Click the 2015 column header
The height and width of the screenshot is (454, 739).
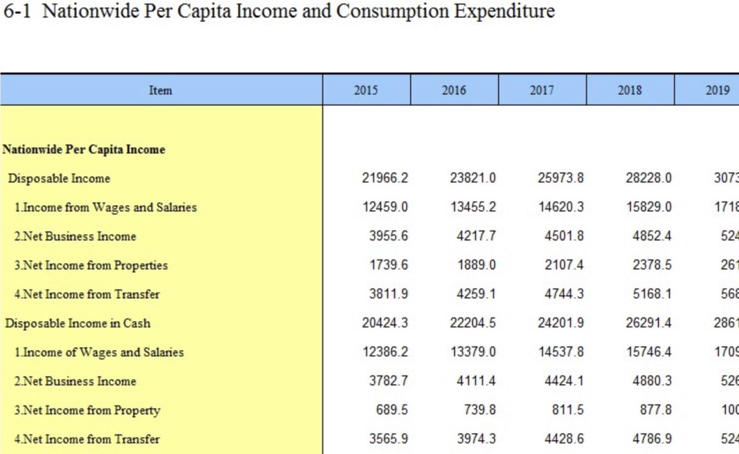(366, 91)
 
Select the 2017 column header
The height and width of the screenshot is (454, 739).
(542, 91)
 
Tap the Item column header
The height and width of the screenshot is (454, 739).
(161, 91)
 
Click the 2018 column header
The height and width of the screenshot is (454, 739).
(630, 91)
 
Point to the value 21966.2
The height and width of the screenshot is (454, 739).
(385, 179)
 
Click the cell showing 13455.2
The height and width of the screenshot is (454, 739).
(473, 208)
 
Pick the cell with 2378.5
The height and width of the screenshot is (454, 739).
(649, 266)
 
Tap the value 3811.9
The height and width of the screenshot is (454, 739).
(388, 294)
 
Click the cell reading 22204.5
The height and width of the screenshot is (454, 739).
(473, 323)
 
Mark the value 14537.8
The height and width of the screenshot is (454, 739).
(561, 352)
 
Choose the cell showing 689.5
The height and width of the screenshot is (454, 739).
(392, 410)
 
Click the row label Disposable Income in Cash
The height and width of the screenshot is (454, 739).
(78, 323)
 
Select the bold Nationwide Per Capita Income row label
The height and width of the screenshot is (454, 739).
(84, 150)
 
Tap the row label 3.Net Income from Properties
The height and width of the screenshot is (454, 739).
(91, 266)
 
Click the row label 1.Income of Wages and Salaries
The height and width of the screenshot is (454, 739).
(99, 352)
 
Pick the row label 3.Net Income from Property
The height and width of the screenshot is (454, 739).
(87, 410)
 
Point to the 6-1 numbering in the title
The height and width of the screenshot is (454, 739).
(18, 11)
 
